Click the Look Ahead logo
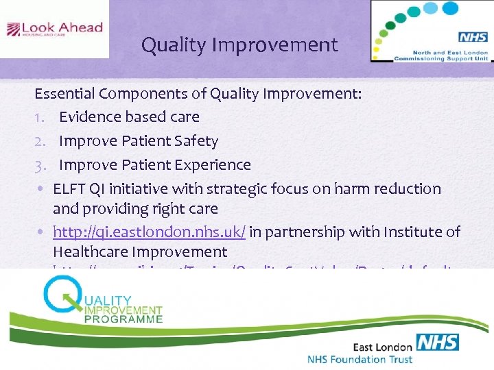pyautogui.click(x=54, y=29)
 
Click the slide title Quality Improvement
pyautogui.click(x=239, y=45)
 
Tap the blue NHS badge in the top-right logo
pyautogui.click(x=472, y=38)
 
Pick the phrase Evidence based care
pyautogui.click(x=129, y=117)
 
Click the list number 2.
pyautogui.click(x=40, y=141)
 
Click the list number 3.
pyautogui.click(x=40, y=165)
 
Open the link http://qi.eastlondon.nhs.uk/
pyautogui.click(x=149, y=232)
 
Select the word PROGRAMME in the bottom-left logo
pyautogui.click(x=124, y=319)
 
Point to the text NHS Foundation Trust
pyautogui.click(x=360, y=359)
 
